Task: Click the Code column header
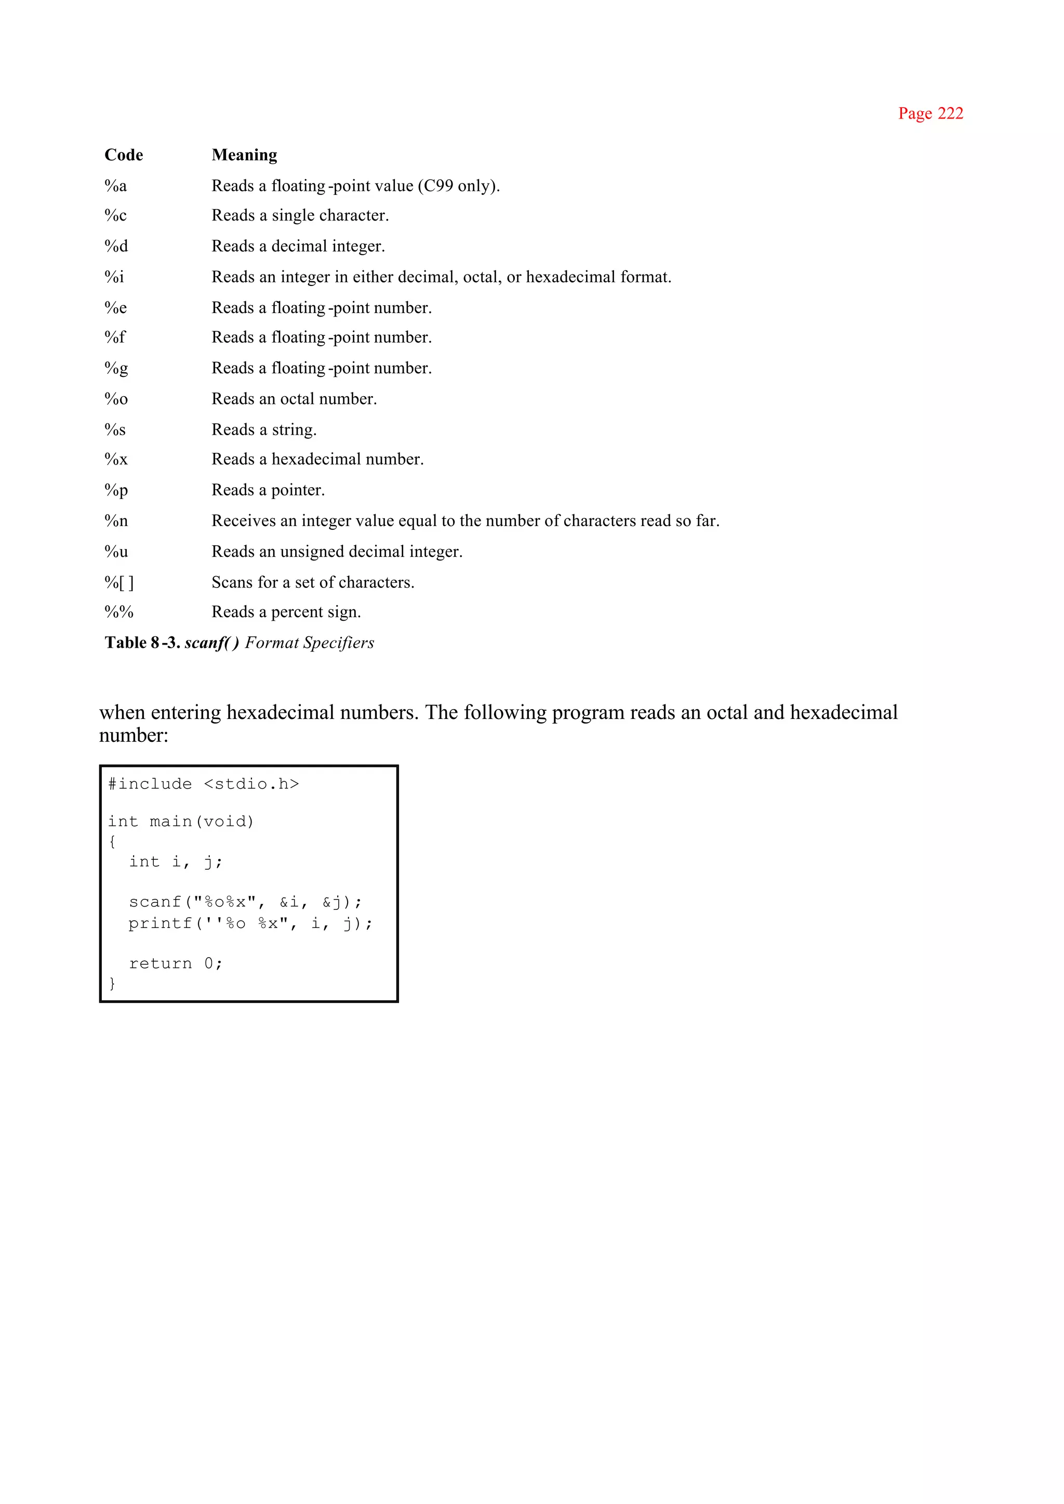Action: point(124,155)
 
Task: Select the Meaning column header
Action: point(244,155)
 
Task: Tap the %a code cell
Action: point(116,186)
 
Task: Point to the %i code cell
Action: point(114,277)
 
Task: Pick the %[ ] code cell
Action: point(119,582)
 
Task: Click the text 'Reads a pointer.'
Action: point(268,490)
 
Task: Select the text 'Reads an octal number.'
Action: point(294,399)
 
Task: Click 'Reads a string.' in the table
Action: point(264,430)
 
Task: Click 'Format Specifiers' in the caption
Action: point(309,643)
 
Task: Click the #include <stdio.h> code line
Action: point(204,784)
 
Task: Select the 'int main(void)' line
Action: point(181,821)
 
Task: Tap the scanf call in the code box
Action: point(245,902)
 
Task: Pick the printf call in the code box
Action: point(250,924)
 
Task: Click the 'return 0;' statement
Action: point(176,964)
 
